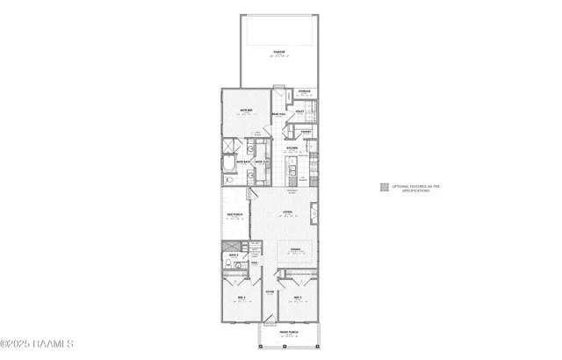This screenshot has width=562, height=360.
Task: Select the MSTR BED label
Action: click(x=247, y=110)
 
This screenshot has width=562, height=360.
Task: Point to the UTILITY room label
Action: click(x=300, y=112)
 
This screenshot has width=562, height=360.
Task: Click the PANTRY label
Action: click(x=306, y=131)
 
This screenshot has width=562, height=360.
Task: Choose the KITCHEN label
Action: click(x=292, y=148)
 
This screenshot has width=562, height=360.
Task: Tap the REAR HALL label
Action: click(x=277, y=112)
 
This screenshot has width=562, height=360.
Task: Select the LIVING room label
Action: click(x=288, y=212)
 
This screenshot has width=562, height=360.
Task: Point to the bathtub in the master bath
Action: click(x=228, y=164)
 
